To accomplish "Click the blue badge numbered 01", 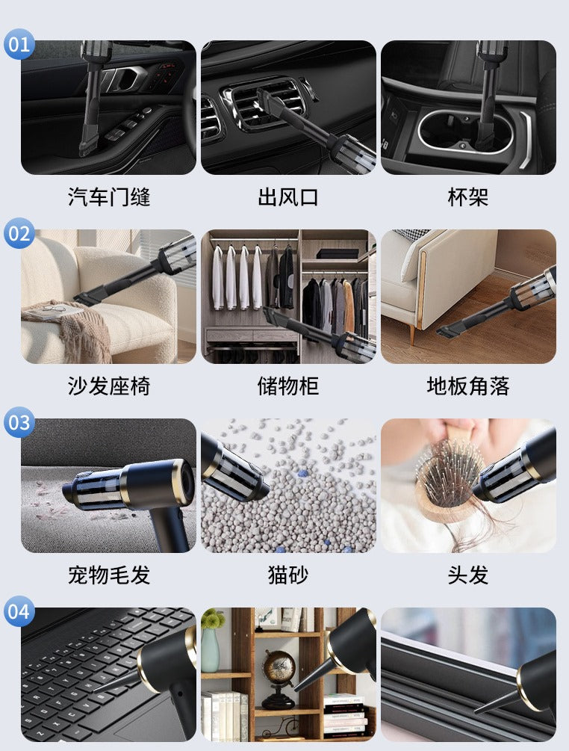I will (x=20, y=45).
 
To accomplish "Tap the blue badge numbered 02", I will (x=20, y=234).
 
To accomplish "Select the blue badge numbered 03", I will (x=20, y=423).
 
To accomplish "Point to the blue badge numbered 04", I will (x=20, y=612).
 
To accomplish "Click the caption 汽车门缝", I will (x=109, y=197).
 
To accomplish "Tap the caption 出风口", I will (x=288, y=197).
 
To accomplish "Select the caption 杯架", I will (x=468, y=197).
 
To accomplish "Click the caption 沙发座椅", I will (x=109, y=386).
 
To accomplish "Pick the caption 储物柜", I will (x=288, y=386).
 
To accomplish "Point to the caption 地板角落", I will (x=468, y=386).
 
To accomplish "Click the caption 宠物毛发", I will (x=109, y=575).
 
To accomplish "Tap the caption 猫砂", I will (x=288, y=575).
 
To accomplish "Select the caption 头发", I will (x=468, y=575).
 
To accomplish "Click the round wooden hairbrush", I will (x=447, y=478).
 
